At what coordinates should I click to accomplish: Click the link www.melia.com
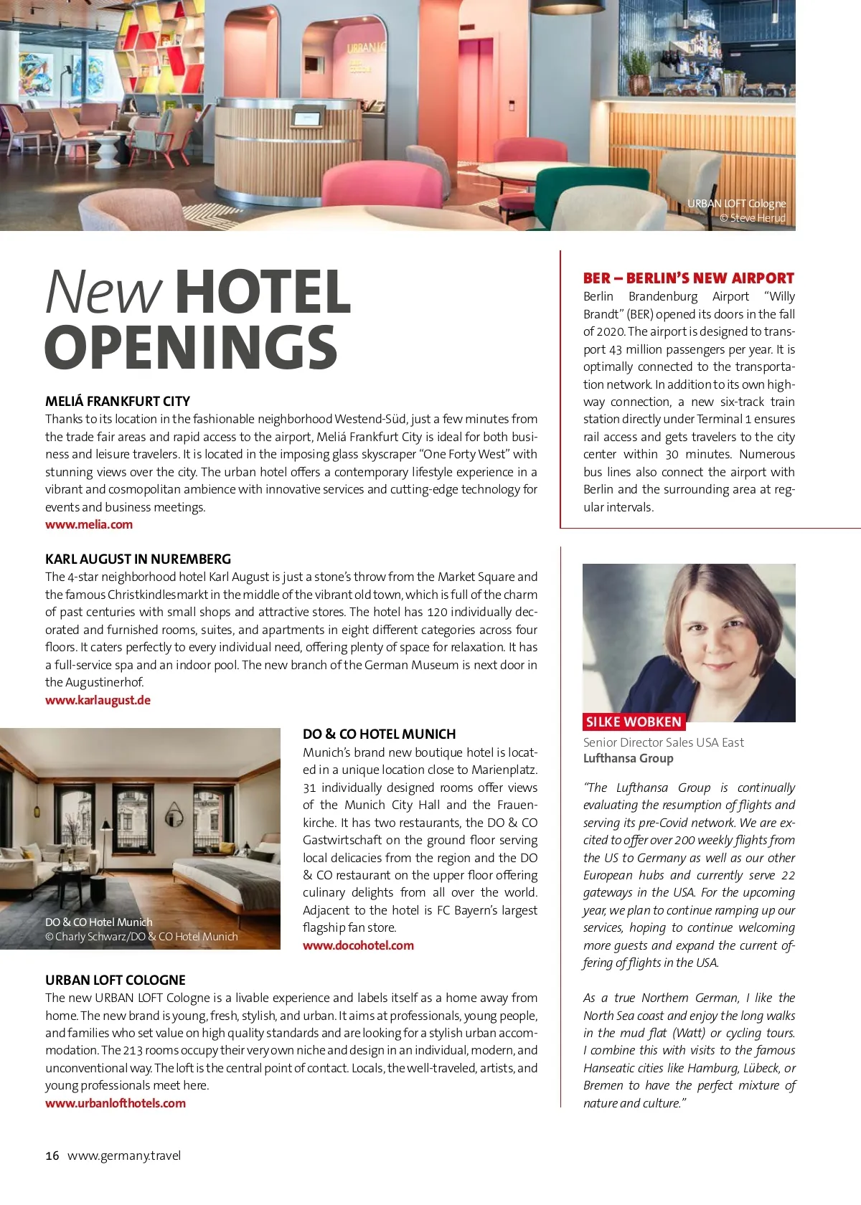pyautogui.click(x=89, y=524)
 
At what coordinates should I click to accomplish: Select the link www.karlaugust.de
pyautogui.click(x=98, y=700)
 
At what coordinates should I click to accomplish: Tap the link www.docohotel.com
pyautogui.click(x=358, y=945)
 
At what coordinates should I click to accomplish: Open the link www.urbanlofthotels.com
pyautogui.click(x=116, y=1103)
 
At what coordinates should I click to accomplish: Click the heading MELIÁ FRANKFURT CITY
pyautogui.click(x=118, y=401)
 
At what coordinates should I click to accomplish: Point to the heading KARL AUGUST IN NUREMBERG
pyautogui.click(x=138, y=559)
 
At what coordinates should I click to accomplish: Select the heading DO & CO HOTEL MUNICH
pyautogui.click(x=379, y=734)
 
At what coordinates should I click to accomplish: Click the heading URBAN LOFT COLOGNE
pyautogui.click(x=116, y=980)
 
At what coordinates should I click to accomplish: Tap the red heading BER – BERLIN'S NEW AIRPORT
pyautogui.click(x=688, y=278)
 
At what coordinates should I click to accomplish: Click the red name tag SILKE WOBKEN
pyautogui.click(x=634, y=722)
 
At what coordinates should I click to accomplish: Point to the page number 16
pyautogui.click(x=52, y=1156)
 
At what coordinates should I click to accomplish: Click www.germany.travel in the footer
pyautogui.click(x=124, y=1156)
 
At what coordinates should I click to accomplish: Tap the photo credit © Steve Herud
pyautogui.click(x=753, y=218)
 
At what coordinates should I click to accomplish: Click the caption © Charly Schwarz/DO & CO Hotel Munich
pyautogui.click(x=141, y=937)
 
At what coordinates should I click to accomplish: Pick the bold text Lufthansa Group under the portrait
pyautogui.click(x=628, y=758)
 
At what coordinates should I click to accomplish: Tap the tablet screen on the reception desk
pyautogui.click(x=306, y=117)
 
